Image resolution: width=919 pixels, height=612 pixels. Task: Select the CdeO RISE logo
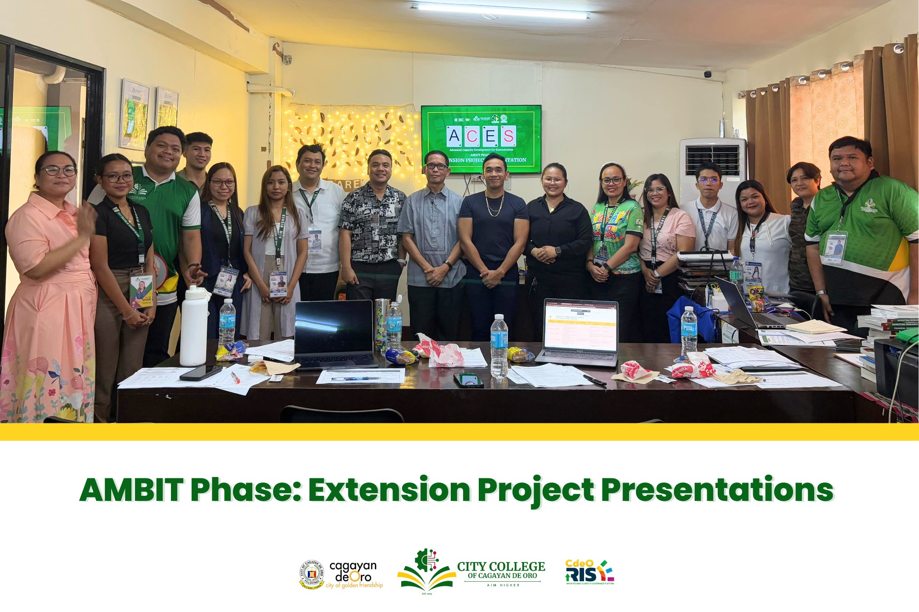pyautogui.click(x=590, y=573)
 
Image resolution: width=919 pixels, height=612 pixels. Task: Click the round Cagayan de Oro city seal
pyautogui.click(x=312, y=574)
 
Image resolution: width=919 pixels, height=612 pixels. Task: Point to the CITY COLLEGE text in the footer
pyautogui.click(x=501, y=567)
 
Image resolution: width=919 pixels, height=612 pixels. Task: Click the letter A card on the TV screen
pyautogui.click(x=454, y=136)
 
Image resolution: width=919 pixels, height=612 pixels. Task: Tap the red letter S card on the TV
pyautogui.click(x=508, y=136)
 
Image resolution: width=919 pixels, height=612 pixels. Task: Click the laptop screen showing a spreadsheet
pyautogui.click(x=581, y=325)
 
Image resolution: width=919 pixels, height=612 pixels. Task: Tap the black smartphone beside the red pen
pyautogui.click(x=201, y=372)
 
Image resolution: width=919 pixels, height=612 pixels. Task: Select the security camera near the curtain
pyautogui.click(x=708, y=73)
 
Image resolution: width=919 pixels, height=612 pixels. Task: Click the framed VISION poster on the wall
pyautogui.click(x=135, y=115)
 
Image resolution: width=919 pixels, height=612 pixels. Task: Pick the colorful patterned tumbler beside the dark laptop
pyautogui.click(x=381, y=324)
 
